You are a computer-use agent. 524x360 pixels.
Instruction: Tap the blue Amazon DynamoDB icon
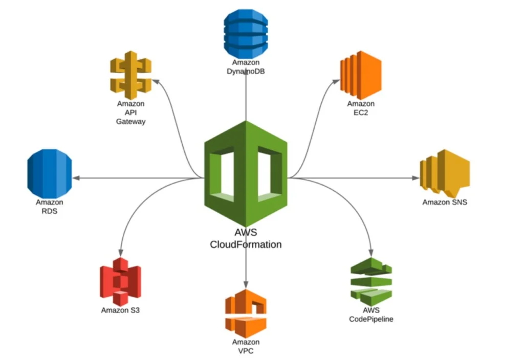point(246,32)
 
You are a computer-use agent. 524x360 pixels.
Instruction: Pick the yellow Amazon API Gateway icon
point(132,75)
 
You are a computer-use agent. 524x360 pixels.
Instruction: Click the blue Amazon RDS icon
point(50,173)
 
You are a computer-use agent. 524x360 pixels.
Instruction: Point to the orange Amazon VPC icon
point(246,313)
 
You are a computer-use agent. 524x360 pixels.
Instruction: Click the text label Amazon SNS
point(444,202)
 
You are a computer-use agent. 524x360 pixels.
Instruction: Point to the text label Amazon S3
point(120,310)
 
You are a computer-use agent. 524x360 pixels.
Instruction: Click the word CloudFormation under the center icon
point(246,244)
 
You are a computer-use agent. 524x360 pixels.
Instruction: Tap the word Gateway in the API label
point(131,121)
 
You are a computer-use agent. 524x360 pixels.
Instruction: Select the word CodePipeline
point(371,319)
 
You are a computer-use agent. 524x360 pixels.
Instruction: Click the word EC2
point(361,112)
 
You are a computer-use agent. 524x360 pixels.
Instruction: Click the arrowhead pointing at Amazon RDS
point(76,178)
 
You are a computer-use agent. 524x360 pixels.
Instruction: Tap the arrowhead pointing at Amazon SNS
point(416,178)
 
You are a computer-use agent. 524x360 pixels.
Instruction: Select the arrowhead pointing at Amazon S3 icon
point(120,253)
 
